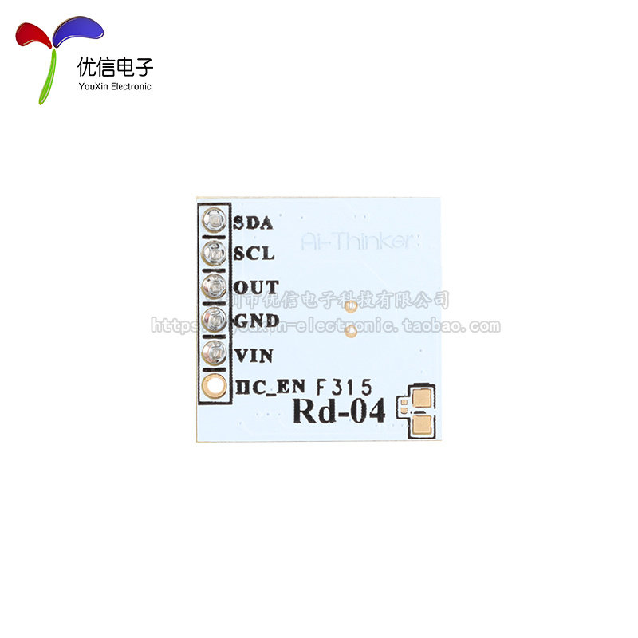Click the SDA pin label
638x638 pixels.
point(254,223)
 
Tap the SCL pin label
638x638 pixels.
point(254,254)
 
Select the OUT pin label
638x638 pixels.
point(256,287)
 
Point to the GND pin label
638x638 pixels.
point(256,321)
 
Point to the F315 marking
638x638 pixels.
point(343,388)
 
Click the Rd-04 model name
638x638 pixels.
point(339,412)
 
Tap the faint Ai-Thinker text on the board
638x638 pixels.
point(359,242)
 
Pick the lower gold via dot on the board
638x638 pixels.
point(349,334)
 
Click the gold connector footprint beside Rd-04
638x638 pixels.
point(419,411)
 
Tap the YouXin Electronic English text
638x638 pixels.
point(115,86)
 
